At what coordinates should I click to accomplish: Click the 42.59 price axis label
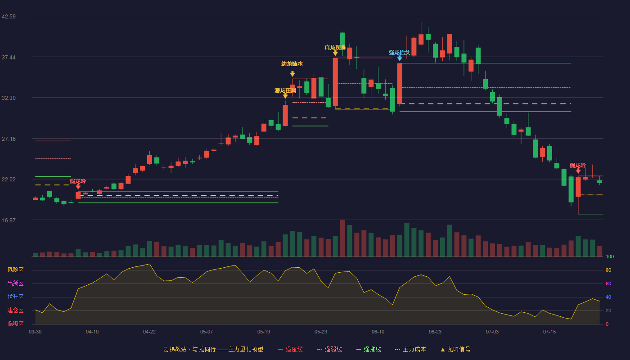pos(9,17)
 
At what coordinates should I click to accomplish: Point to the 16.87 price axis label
pos(9,220)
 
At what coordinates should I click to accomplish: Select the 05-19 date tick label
pos(264,332)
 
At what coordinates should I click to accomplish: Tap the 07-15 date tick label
pos(549,332)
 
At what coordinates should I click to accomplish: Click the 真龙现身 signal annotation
pos(335,47)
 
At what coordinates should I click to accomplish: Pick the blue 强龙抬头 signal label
pos(400,53)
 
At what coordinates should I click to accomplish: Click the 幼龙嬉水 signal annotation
pos(292,64)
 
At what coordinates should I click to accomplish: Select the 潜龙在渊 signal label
pos(285,90)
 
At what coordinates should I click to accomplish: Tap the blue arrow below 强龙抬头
pos(400,58)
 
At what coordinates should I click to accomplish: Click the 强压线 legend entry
pos(290,349)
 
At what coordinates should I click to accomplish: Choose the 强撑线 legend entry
pos(369,349)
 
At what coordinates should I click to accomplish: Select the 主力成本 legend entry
pos(410,349)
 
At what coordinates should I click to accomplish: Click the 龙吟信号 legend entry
pos(455,349)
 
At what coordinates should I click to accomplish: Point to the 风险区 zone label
pos(15,270)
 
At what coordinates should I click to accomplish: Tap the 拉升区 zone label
pos(15,297)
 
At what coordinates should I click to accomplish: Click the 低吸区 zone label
pos(15,324)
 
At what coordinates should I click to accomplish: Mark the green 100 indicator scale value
pos(610,256)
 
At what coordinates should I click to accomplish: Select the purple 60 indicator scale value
pos(608,283)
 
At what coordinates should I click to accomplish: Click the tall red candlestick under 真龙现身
pos(335,82)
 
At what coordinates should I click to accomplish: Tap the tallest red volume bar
pos(342,238)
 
